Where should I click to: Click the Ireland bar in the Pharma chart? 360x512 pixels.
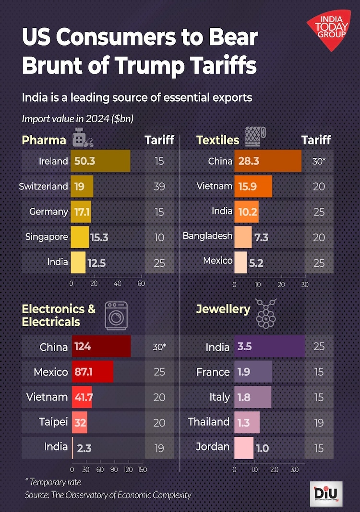(x=100, y=161)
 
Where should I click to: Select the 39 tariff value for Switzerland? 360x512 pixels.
(x=159, y=187)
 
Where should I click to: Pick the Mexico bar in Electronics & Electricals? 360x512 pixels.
(x=92, y=372)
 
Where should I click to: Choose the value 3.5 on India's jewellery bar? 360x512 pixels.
(x=245, y=346)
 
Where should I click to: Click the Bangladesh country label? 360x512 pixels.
(x=207, y=236)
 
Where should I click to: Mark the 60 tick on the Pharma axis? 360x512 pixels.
(x=141, y=284)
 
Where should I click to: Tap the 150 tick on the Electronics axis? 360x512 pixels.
(x=142, y=469)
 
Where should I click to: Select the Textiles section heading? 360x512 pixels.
(x=217, y=140)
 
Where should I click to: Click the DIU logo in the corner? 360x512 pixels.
(x=326, y=494)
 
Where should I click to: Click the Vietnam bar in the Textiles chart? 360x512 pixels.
(x=253, y=187)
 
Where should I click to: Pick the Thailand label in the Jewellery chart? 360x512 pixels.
(x=209, y=422)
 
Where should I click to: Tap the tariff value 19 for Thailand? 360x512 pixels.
(x=319, y=422)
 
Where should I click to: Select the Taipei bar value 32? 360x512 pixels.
(x=80, y=423)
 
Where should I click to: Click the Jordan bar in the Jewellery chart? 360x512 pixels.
(x=243, y=448)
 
